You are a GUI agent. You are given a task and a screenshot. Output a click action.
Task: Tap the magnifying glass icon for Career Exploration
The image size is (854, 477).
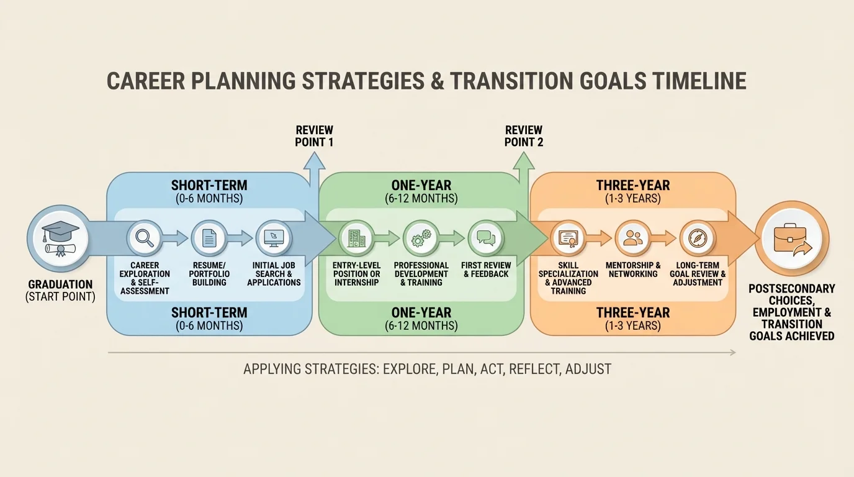pos(145,238)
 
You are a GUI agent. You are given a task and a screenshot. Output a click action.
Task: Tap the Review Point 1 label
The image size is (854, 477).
pos(314,136)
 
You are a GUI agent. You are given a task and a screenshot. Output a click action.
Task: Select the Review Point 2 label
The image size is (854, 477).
pos(524,136)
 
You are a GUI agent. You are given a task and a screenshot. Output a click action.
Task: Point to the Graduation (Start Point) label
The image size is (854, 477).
pos(60,291)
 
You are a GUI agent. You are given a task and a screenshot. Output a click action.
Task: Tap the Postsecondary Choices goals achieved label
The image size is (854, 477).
pos(791,312)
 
